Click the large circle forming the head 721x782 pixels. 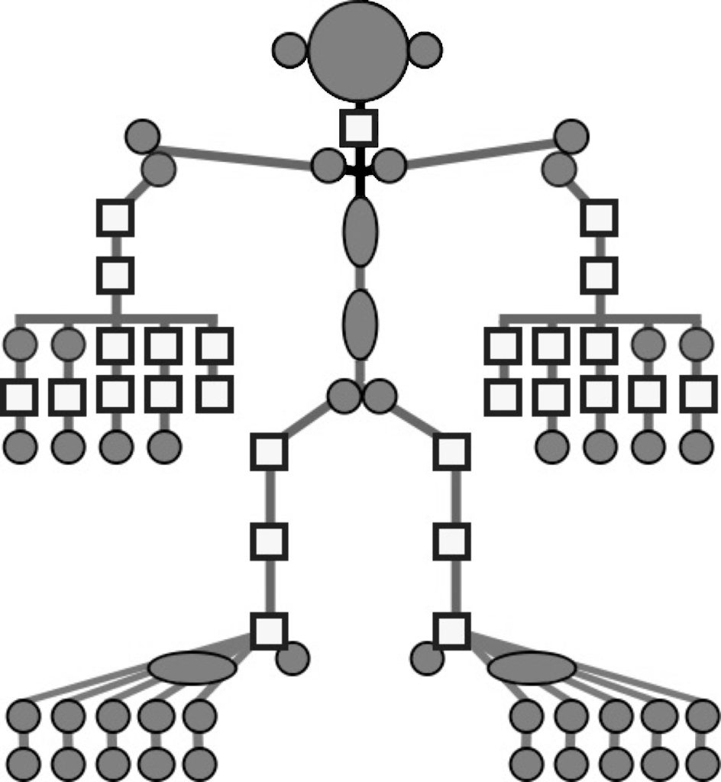point(358,50)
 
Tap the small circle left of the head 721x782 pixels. point(290,50)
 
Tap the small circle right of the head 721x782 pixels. point(425,50)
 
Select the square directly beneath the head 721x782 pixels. point(358,128)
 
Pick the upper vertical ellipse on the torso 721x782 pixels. point(360,231)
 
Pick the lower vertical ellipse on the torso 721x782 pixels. point(360,324)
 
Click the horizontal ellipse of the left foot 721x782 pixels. point(192,668)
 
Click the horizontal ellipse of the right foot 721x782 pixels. point(532,668)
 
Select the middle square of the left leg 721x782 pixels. point(269,541)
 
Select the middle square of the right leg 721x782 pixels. point(451,541)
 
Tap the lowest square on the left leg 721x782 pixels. point(269,631)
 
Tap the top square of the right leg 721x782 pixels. point(451,451)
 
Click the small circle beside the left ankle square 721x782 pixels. point(293,658)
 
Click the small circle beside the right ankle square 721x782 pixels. point(427,658)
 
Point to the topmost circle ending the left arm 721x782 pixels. point(142,137)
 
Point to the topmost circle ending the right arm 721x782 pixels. point(571,137)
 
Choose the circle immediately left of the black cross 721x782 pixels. point(328,166)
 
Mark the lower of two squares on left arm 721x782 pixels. point(115,275)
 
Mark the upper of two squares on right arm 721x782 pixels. point(599,218)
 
